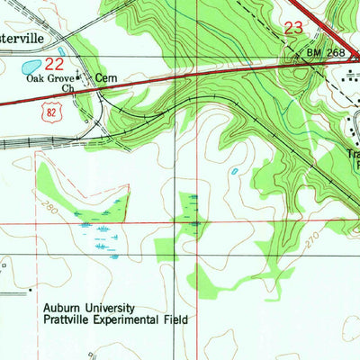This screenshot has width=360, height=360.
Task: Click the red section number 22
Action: coord(55,64)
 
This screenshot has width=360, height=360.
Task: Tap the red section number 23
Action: coord(293,28)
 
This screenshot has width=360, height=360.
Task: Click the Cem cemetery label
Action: coord(107,78)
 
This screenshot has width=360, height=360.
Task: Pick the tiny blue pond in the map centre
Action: coord(235,170)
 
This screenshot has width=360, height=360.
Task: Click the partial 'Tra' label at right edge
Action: coord(352,154)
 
